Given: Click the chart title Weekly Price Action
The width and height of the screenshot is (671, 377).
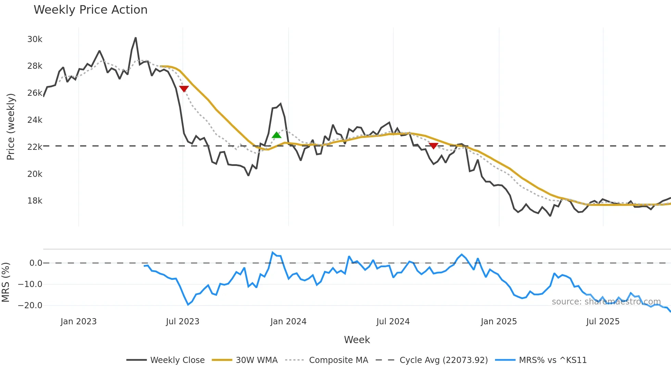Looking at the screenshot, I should coord(90,10).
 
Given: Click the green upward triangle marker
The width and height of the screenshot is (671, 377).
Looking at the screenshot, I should coord(277,135).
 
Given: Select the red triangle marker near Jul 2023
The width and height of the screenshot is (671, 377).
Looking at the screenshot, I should coord(184,89).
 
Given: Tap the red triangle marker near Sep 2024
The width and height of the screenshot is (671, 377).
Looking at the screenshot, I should coord(433,146).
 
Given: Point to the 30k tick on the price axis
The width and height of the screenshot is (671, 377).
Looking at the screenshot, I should coord(35,39).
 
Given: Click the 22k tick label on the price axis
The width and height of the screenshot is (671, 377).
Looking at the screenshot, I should coord(35,147).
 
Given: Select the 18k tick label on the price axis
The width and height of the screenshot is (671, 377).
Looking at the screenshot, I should coord(35,201).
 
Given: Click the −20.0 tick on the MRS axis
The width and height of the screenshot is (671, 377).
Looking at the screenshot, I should coord(30,305).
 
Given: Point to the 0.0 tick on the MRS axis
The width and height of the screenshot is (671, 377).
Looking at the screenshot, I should coord(36,263).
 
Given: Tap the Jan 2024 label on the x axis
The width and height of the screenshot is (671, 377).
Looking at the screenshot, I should coord(288,322).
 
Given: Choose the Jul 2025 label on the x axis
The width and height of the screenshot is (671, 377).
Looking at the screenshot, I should coord(603,322).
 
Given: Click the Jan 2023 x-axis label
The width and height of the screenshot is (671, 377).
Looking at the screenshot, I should coord(78,322).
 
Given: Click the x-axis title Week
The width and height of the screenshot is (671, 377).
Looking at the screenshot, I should coord(357,340).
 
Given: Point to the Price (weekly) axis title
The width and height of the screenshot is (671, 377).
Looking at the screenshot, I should coord(11,127).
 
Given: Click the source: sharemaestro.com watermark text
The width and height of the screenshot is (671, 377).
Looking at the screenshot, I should coord(606,302).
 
